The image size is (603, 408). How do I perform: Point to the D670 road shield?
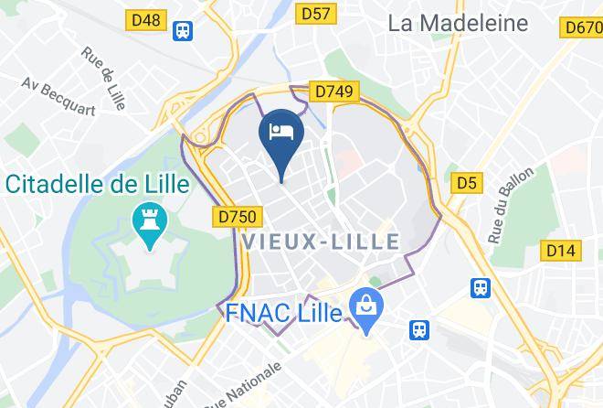tap(582, 27)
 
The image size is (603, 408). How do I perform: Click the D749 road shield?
tap(333, 91)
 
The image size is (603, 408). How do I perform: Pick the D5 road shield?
tap(467, 184)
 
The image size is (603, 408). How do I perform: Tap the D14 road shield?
tap(560, 250)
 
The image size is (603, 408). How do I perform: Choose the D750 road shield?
tap(241, 217)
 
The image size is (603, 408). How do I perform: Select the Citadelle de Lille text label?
tap(98, 184)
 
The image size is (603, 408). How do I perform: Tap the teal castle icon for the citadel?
tap(146, 220)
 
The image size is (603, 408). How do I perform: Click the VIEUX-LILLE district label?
tap(322, 242)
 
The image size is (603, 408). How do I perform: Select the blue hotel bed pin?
tap(279, 134)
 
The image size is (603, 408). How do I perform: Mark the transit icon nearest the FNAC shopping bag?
tap(419, 327)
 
